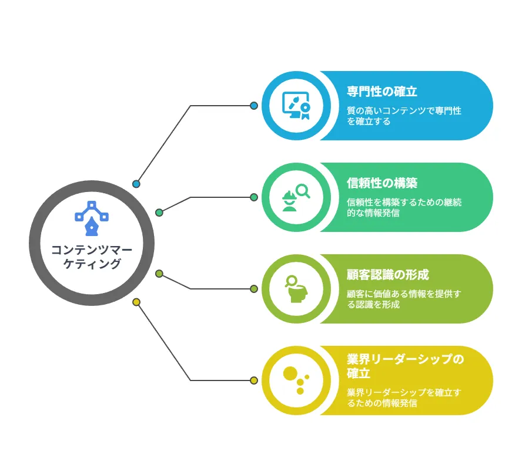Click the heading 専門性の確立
point(382,92)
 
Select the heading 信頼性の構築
point(382,183)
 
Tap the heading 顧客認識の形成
point(388,275)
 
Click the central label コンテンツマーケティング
point(92,257)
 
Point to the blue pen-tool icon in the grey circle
point(92,218)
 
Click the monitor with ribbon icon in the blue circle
point(296,106)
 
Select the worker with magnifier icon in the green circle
point(296,197)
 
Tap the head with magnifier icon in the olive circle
point(296,289)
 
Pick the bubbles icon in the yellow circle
point(296,380)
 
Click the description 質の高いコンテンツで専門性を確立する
point(404,116)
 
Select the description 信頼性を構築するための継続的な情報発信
point(404,207)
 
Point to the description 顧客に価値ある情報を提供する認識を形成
point(404,299)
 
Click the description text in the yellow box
point(404,398)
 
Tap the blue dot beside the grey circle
point(136,184)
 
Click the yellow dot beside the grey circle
point(136,302)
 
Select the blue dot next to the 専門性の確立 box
point(254,106)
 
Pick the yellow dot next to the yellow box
point(254,380)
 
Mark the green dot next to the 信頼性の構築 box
point(254,197)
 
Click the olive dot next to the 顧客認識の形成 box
point(254,289)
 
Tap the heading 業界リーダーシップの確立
point(405,366)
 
